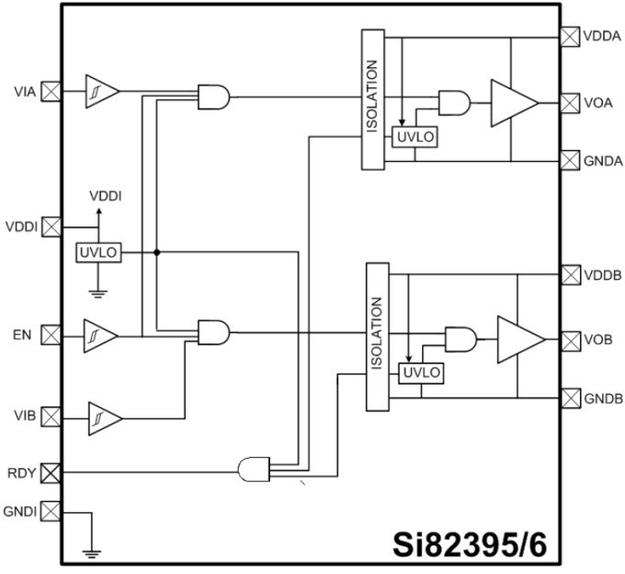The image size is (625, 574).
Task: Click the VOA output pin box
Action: [570, 102]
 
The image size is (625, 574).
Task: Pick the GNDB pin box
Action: [570, 397]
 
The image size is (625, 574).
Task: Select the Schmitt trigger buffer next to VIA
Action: [101, 91]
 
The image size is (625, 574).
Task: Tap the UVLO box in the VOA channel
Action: [415, 137]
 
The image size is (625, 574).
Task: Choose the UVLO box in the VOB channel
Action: [420, 373]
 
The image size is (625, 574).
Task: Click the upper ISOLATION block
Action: [372, 99]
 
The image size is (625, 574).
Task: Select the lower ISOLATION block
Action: [377, 337]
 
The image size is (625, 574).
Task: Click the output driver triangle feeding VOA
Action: [513, 102]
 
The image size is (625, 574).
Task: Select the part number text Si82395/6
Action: [471, 543]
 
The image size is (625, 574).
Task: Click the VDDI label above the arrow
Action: [105, 196]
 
